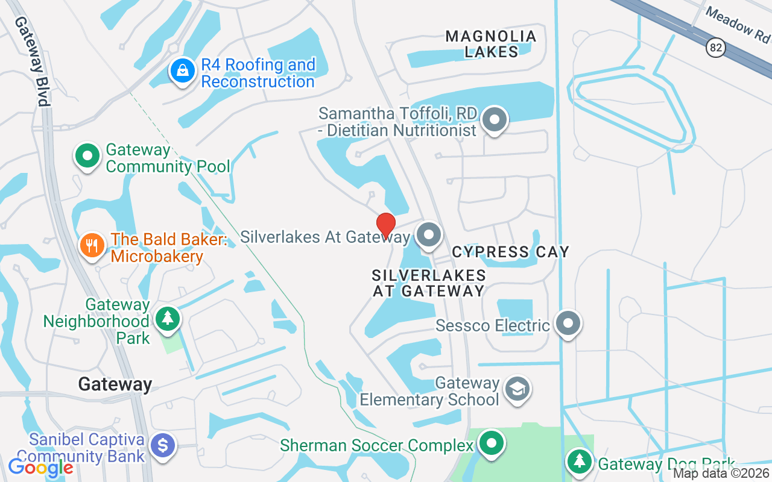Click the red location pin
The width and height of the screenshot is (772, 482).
[x=385, y=225]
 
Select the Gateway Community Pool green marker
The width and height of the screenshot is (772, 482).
[x=87, y=156]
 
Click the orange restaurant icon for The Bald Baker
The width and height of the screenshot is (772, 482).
[x=92, y=246]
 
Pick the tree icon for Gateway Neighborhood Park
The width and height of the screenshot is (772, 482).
[x=167, y=319]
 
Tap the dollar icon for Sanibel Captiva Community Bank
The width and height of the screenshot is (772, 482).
[x=163, y=446]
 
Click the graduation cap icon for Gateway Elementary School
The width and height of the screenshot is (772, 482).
[x=516, y=389]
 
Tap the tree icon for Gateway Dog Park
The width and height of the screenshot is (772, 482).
[x=580, y=462]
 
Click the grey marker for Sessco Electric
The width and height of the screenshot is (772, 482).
[x=568, y=324]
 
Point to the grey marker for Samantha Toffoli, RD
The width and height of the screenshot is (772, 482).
[x=495, y=119]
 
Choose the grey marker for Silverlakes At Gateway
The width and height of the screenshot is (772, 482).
[x=429, y=234]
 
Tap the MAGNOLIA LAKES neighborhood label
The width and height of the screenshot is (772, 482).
[x=491, y=44]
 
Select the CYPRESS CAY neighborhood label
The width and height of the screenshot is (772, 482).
[x=510, y=251]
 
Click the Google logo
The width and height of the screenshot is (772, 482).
[x=40, y=467]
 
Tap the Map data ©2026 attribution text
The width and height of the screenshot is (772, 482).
[x=721, y=474]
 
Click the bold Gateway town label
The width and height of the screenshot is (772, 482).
[x=115, y=384]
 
